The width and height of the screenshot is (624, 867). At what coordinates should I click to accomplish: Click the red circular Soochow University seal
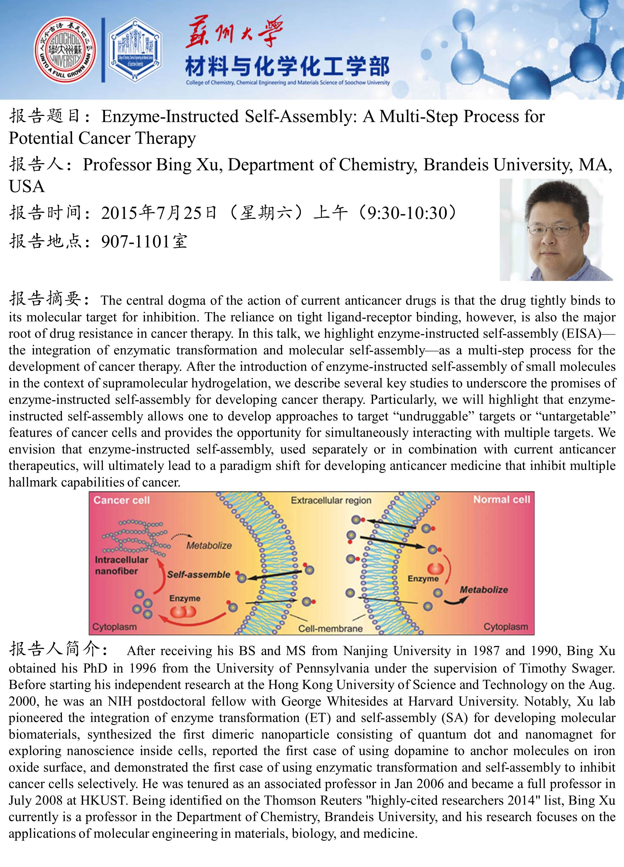click(66, 51)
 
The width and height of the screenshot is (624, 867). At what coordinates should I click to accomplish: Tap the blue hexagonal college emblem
click(135, 51)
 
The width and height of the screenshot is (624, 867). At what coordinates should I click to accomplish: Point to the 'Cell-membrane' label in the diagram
click(330, 628)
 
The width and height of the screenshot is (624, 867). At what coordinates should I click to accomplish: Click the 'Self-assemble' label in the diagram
click(198, 575)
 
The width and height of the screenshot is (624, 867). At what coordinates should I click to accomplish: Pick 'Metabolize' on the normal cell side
click(483, 590)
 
